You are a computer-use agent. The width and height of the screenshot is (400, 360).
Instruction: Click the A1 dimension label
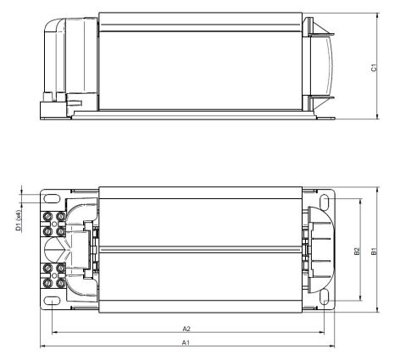(x=186, y=342)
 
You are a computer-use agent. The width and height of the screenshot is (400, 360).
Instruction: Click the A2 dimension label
(x=186, y=329)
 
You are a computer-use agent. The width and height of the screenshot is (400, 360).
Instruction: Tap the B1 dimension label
(x=374, y=252)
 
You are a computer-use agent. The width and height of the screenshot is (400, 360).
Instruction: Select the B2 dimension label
(x=358, y=252)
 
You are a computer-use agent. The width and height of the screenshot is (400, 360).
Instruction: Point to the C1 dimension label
(x=374, y=68)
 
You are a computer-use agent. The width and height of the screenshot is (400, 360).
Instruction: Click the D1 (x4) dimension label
(x=19, y=220)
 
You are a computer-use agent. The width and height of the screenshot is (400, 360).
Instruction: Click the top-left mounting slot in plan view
(x=52, y=199)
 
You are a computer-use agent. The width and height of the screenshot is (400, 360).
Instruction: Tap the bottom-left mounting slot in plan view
(x=52, y=301)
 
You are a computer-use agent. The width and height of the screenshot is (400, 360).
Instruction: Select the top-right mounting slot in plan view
(x=325, y=201)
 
